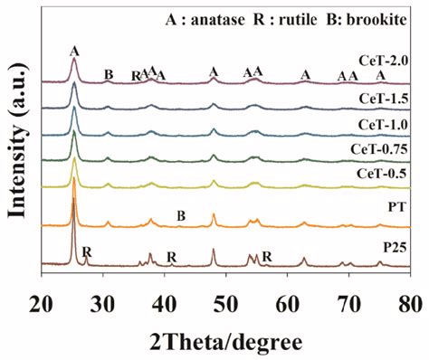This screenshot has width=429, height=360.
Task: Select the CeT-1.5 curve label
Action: tap(383, 97)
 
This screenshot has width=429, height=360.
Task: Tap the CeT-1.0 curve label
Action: tap(383, 124)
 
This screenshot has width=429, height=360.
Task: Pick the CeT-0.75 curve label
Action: tap(379, 147)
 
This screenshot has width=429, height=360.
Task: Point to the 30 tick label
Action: tap(104, 300)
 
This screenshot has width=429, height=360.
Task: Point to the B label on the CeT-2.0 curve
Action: tap(109, 74)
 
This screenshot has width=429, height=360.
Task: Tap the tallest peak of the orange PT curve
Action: tap(73, 178)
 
